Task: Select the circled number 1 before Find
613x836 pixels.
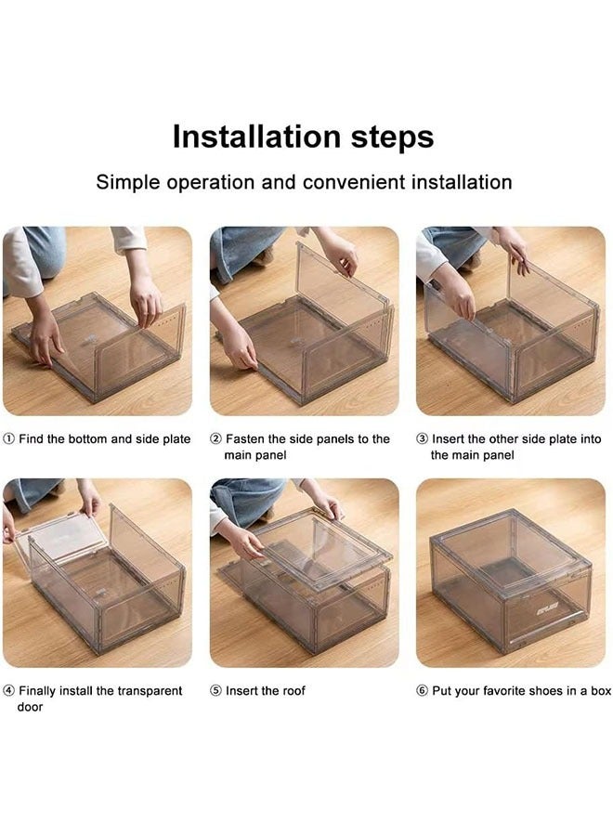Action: click(9, 439)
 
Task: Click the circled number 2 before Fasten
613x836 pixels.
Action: click(215, 439)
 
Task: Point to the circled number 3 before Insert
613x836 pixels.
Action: click(422, 439)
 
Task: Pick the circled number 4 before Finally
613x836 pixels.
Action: click(9, 691)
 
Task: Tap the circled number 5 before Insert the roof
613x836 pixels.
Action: click(215, 691)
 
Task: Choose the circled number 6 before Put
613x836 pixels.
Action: click(422, 691)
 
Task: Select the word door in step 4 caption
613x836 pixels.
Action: click(30, 707)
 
